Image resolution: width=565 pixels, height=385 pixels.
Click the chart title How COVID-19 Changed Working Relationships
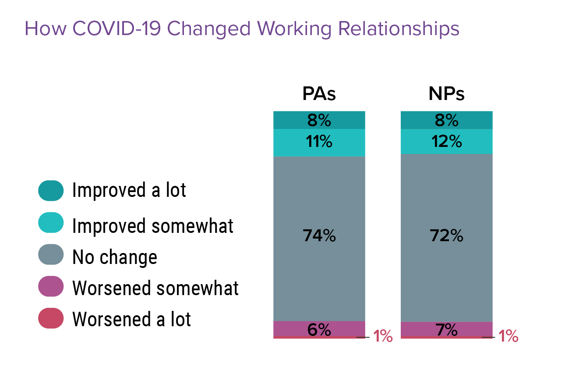tap(242, 29)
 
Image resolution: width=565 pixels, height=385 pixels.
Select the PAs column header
tap(319, 94)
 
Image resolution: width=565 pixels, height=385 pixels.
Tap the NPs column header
tap(446, 94)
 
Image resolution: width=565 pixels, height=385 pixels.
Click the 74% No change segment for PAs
tap(319, 237)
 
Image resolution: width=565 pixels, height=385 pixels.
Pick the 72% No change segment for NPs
tap(446, 237)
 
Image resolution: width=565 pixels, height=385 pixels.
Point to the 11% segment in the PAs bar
tap(319, 143)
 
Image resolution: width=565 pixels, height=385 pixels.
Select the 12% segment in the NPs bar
tap(446, 142)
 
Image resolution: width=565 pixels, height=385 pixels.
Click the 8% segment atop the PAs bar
tap(319, 120)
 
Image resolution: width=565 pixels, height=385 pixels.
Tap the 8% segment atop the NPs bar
tap(446, 120)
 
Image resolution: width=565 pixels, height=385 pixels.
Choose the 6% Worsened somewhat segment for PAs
tap(319, 329)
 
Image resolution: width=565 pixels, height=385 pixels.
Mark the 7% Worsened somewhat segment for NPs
tap(446, 329)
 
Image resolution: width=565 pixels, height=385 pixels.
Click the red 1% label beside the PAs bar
tap(382, 337)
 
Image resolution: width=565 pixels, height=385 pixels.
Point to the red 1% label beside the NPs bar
tap(508, 337)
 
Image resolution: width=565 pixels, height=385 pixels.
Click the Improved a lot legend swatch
tap(51, 191)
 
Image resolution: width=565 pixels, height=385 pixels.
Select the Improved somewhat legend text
tap(152, 226)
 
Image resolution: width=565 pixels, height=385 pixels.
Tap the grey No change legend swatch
tap(51, 255)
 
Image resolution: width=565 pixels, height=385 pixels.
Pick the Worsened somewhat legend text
tap(155, 289)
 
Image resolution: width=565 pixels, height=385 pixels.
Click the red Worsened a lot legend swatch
tap(51, 318)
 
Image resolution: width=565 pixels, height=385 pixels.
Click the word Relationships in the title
tap(399, 29)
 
